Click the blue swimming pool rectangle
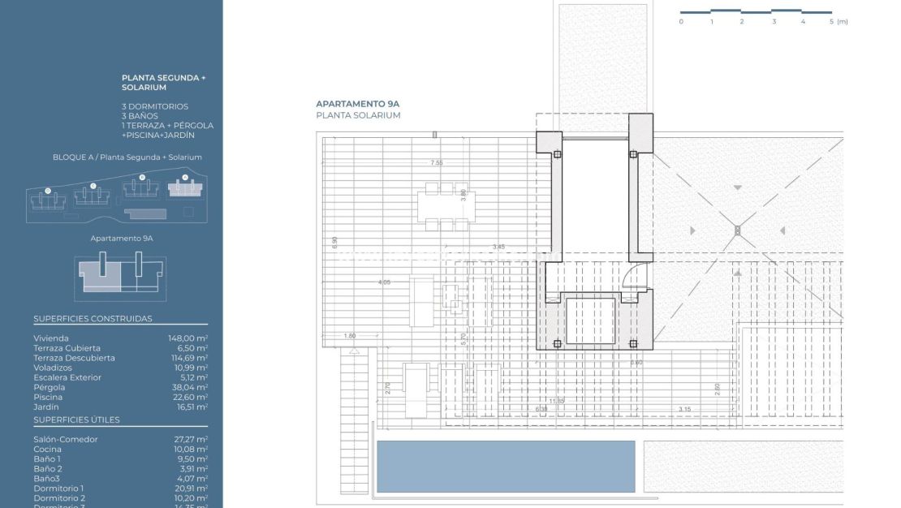506,466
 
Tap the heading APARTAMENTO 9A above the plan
358,104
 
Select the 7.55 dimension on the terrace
437,163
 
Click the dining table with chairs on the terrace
438,206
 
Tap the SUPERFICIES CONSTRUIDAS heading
93,319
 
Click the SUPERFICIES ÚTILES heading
76,420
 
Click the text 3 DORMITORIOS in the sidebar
155,106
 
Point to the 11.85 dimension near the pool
556,401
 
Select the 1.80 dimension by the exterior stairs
350,335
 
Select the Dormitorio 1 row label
58,488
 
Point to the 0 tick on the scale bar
681,22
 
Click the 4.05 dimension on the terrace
384,282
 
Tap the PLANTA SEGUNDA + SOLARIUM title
164,82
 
